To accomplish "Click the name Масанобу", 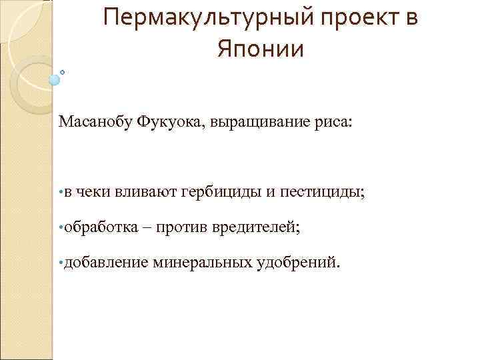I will [x=95, y=122].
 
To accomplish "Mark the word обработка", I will [x=100, y=227].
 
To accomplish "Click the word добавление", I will [x=107, y=263].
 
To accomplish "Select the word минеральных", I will [x=203, y=263].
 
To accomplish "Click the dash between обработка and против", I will [x=149, y=228].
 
